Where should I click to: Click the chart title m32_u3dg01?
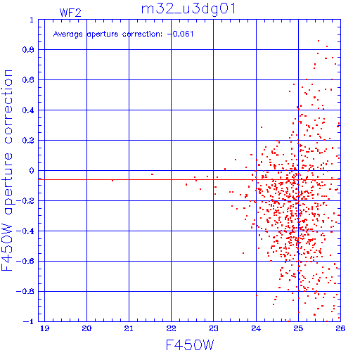(188, 9)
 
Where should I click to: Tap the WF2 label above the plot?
(70, 13)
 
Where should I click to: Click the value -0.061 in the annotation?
(180, 34)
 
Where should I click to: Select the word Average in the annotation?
(68, 34)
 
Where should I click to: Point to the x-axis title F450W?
(190, 345)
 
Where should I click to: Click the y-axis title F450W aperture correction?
(7, 170)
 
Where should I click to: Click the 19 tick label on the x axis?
(44, 328)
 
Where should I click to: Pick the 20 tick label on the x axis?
(86, 328)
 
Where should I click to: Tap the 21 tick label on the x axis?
(129, 328)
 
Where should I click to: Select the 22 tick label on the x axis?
(171, 328)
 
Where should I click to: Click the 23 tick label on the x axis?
(214, 328)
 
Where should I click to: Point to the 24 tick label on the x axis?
(256, 328)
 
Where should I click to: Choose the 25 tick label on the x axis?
(298, 328)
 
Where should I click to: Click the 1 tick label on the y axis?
(32, 20)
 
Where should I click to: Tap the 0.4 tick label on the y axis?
(28, 110)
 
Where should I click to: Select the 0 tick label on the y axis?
(32, 171)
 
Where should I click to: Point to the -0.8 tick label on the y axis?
(25, 291)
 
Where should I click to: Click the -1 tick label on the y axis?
(29, 321)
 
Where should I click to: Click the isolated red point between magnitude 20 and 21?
(112, 181)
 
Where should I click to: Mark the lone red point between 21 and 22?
(153, 174)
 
